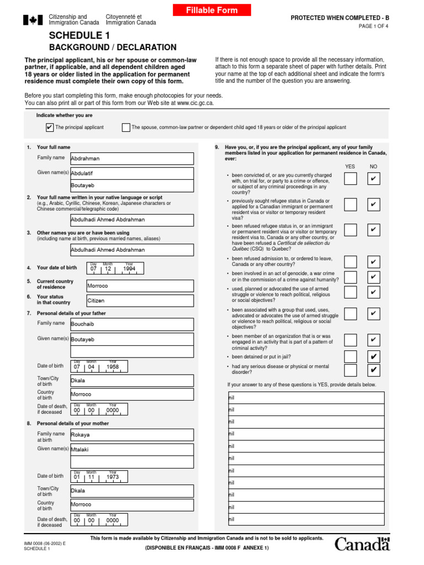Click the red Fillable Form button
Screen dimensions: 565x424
(211, 10)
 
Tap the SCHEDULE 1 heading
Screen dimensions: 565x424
(75, 35)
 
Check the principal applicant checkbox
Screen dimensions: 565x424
(50, 127)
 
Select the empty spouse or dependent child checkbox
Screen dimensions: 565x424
(126, 127)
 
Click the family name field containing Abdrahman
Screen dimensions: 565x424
(132, 158)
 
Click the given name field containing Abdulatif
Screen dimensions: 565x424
(132, 173)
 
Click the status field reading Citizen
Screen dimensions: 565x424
(140, 301)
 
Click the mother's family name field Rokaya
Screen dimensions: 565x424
(132, 435)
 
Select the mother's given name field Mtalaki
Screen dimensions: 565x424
(132, 449)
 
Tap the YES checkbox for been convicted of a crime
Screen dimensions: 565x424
(351, 179)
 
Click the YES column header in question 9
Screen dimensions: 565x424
(350, 166)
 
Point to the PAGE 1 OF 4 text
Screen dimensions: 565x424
(374, 26)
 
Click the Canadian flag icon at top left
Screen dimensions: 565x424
(33, 20)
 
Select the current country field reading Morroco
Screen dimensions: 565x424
(140, 286)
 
